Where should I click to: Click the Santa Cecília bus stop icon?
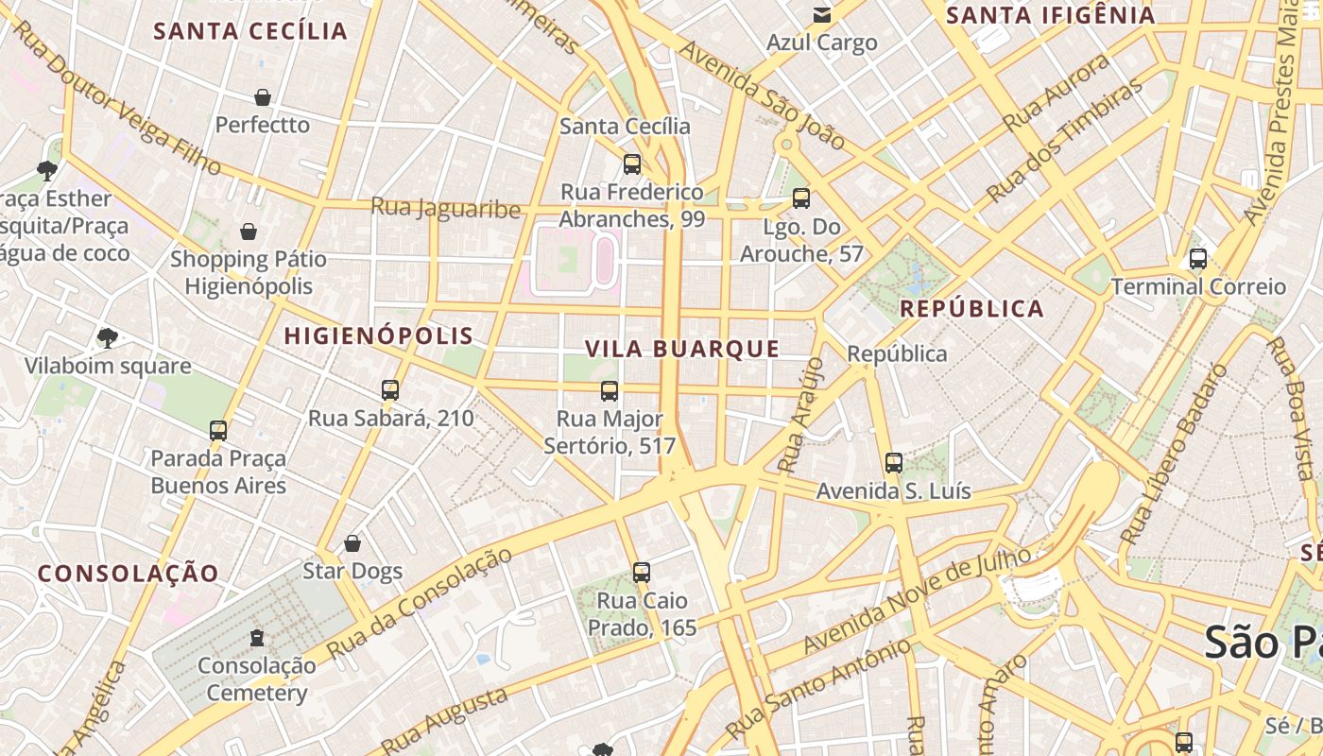(x=632, y=164)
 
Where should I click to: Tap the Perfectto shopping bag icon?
(x=263, y=97)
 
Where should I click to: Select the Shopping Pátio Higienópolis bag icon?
(x=249, y=232)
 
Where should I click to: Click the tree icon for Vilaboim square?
(x=108, y=338)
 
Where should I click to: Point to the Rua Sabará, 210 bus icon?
(x=389, y=390)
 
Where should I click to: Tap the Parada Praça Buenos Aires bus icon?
(x=218, y=431)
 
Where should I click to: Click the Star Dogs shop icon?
(x=352, y=543)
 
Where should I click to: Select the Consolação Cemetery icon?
(x=257, y=638)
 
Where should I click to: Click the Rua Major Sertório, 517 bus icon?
(x=610, y=390)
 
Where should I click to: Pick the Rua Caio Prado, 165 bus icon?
(x=642, y=572)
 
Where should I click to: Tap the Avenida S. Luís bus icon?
(x=894, y=463)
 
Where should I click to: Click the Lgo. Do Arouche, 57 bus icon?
(x=801, y=198)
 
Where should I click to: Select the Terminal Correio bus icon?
(x=1198, y=259)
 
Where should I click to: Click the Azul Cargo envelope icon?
(x=822, y=15)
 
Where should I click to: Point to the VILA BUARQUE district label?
(x=682, y=349)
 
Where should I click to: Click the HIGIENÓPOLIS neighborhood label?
(x=379, y=335)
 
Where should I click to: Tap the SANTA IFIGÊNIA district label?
(x=1051, y=15)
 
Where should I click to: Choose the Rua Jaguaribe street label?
(x=445, y=208)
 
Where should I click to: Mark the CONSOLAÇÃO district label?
(x=129, y=573)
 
